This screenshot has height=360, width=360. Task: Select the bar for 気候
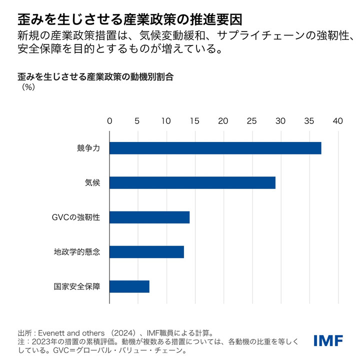click(x=192, y=182)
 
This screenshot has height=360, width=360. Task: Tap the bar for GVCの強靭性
click(x=149, y=217)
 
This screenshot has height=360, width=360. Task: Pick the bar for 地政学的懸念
click(x=146, y=251)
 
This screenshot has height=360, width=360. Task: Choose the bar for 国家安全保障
click(x=129, y=286)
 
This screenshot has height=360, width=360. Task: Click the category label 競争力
click(x=88, y=148)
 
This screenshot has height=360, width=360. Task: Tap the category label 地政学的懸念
click(x=77, y=251)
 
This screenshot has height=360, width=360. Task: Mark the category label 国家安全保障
click(x=77, y=286)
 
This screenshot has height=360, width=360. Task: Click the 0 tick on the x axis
click(x=109, y=121)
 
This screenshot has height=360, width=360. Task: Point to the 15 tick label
click(x=194, y=121)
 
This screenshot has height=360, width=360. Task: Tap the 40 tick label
click(x=338, y=121)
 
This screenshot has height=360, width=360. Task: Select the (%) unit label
click(x=27, y=86)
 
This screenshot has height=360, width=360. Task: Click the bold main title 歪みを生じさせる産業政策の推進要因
click(x=130, y=19)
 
